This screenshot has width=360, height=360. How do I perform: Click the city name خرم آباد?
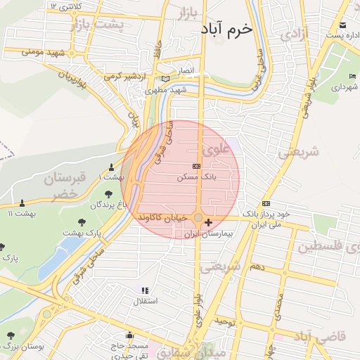226,30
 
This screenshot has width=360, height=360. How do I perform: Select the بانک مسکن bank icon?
195,167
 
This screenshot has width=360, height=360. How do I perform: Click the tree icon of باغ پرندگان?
108,195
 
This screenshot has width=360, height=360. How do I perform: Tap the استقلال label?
146,301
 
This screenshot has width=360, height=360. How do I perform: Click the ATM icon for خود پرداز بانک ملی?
266,202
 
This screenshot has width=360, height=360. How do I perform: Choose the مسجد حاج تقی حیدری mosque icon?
129,335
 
